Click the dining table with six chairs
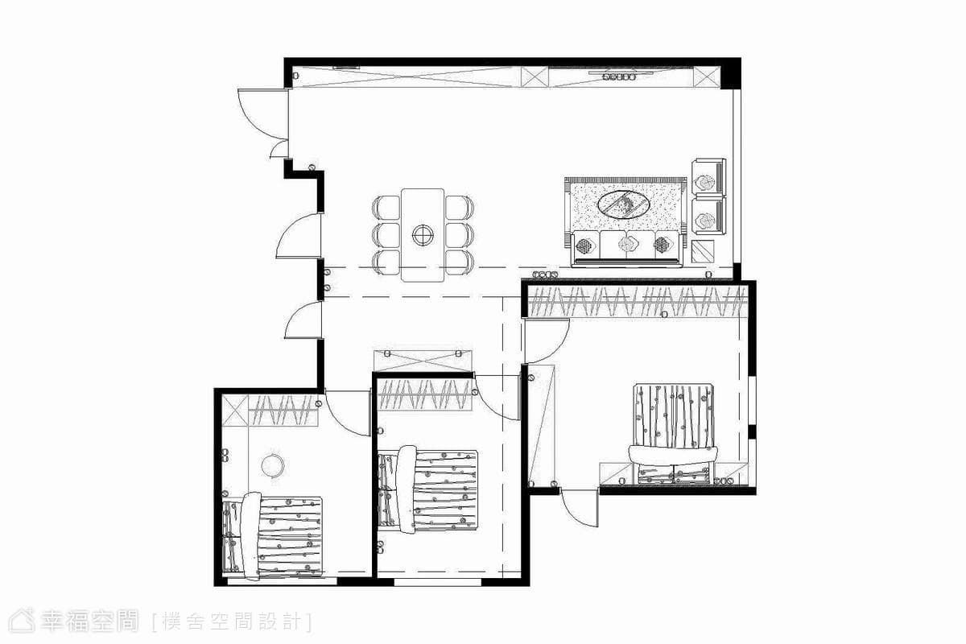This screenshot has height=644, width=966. click(423, 235)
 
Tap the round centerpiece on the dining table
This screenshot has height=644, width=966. click(423, 235)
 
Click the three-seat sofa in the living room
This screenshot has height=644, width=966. click(626, 249)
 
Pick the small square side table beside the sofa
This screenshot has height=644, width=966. click(703, 251)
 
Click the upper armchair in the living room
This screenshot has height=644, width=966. click(709, 177)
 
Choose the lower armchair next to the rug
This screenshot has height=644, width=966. click(709, 216)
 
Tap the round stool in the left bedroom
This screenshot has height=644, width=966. click(273, 466)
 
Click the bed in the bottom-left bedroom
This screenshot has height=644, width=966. click(273, 536)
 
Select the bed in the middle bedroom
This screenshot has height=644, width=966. click(427, 489)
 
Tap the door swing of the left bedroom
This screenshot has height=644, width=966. click(347, 413)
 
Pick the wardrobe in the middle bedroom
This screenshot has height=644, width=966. click(425, 394)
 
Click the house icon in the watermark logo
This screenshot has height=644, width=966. click(22, 621)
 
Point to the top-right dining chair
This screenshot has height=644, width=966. click(460, 208)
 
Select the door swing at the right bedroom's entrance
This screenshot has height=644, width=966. click(547, 341)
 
